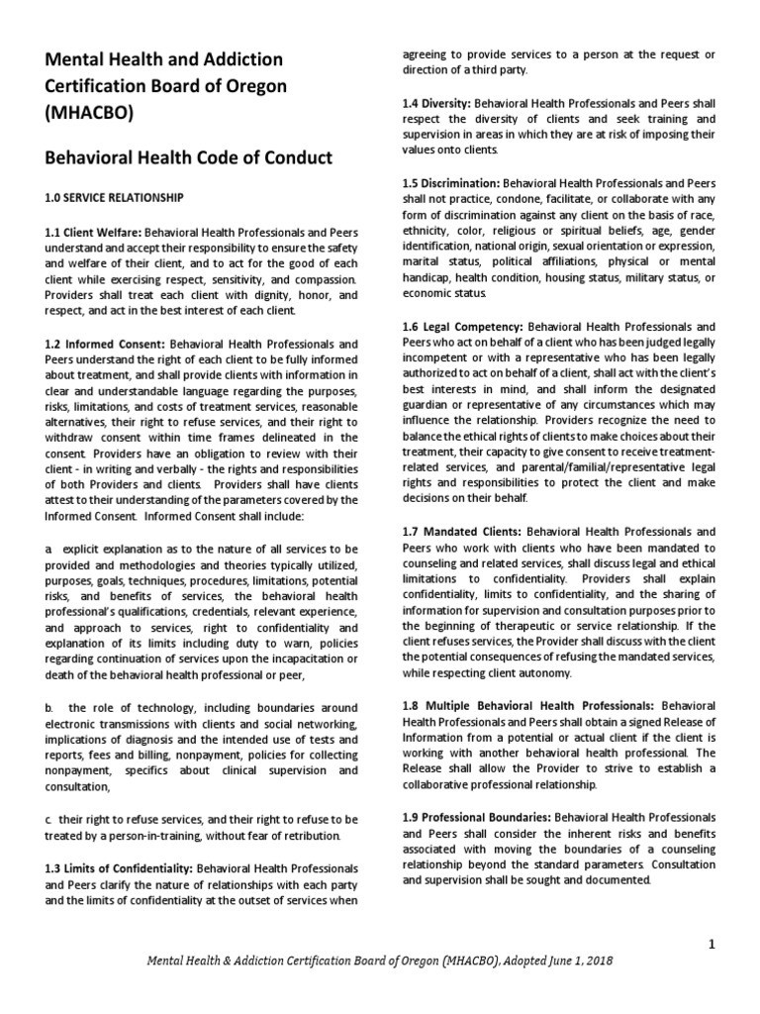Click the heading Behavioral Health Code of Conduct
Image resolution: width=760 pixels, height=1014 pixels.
pyautogui.click(x=189, y=158)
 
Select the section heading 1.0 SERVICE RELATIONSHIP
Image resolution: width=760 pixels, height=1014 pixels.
pyautogui.click(x=114, y=198)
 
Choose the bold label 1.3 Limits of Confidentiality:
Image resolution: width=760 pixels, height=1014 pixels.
pyautogui.click(x=119, y=868)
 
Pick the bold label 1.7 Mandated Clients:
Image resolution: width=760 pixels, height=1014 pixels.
pyautogui.click(x=459, y=533)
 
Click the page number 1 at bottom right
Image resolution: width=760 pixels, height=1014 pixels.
pyautogui.click(x=712, y=945)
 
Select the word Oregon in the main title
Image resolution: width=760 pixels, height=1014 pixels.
pyautogui.click(x=253, y=86)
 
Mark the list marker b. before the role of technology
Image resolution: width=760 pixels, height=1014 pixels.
pyautogui.click(x=49, y=708)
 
